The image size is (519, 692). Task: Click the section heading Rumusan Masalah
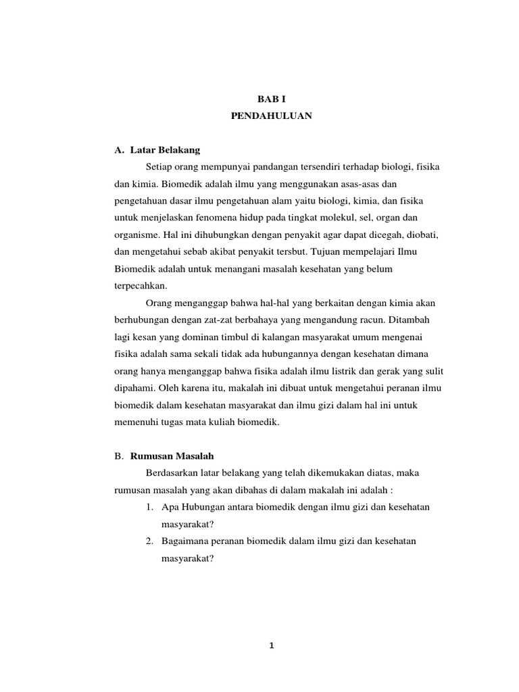coord(172,457)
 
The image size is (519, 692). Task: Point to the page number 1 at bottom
coord(272,645)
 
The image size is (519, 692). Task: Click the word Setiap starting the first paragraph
coord(159,166)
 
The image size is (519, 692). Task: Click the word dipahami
coord(132,389)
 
